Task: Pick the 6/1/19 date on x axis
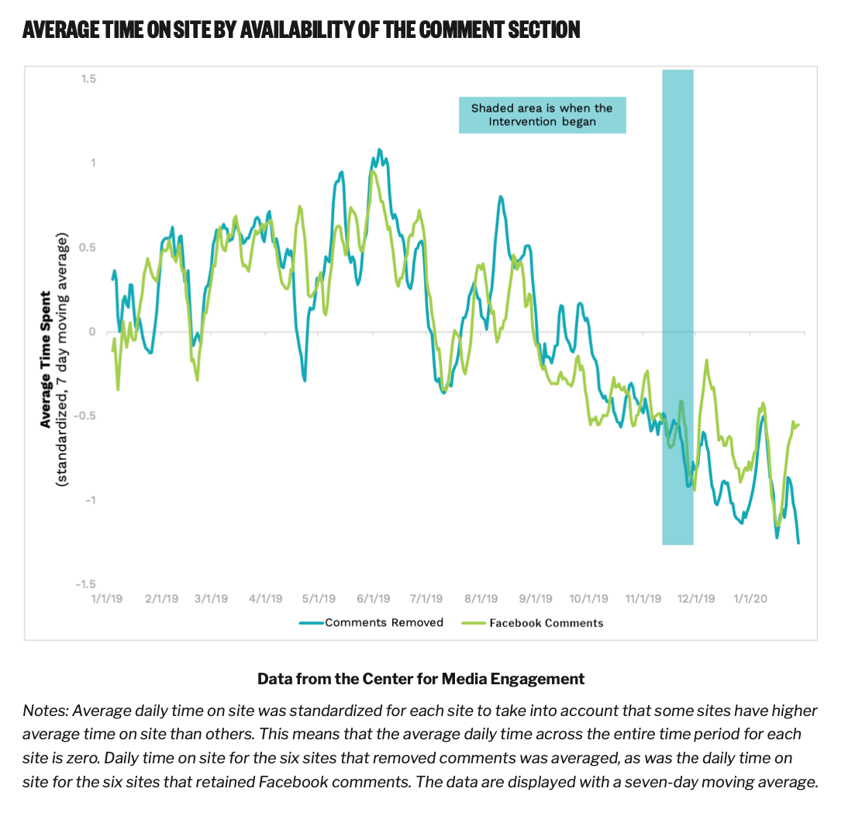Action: click(x=373, y=598)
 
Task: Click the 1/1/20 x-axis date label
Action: click(x=750, y=598)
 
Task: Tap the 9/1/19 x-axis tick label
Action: click(x=535, y=598)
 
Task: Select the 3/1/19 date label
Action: click(x=211, y=598)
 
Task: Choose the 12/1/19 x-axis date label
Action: click(x=695, y=598)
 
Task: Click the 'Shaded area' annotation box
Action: click(x=542, y=115)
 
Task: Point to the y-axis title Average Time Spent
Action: click(x=47, y=358)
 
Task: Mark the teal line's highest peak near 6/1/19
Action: click(x=379, y=150)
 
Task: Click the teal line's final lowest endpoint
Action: click(x=798, y=542)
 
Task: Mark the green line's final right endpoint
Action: click(x=799, y=424)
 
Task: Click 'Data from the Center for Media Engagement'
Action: click(x=421, y=679)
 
